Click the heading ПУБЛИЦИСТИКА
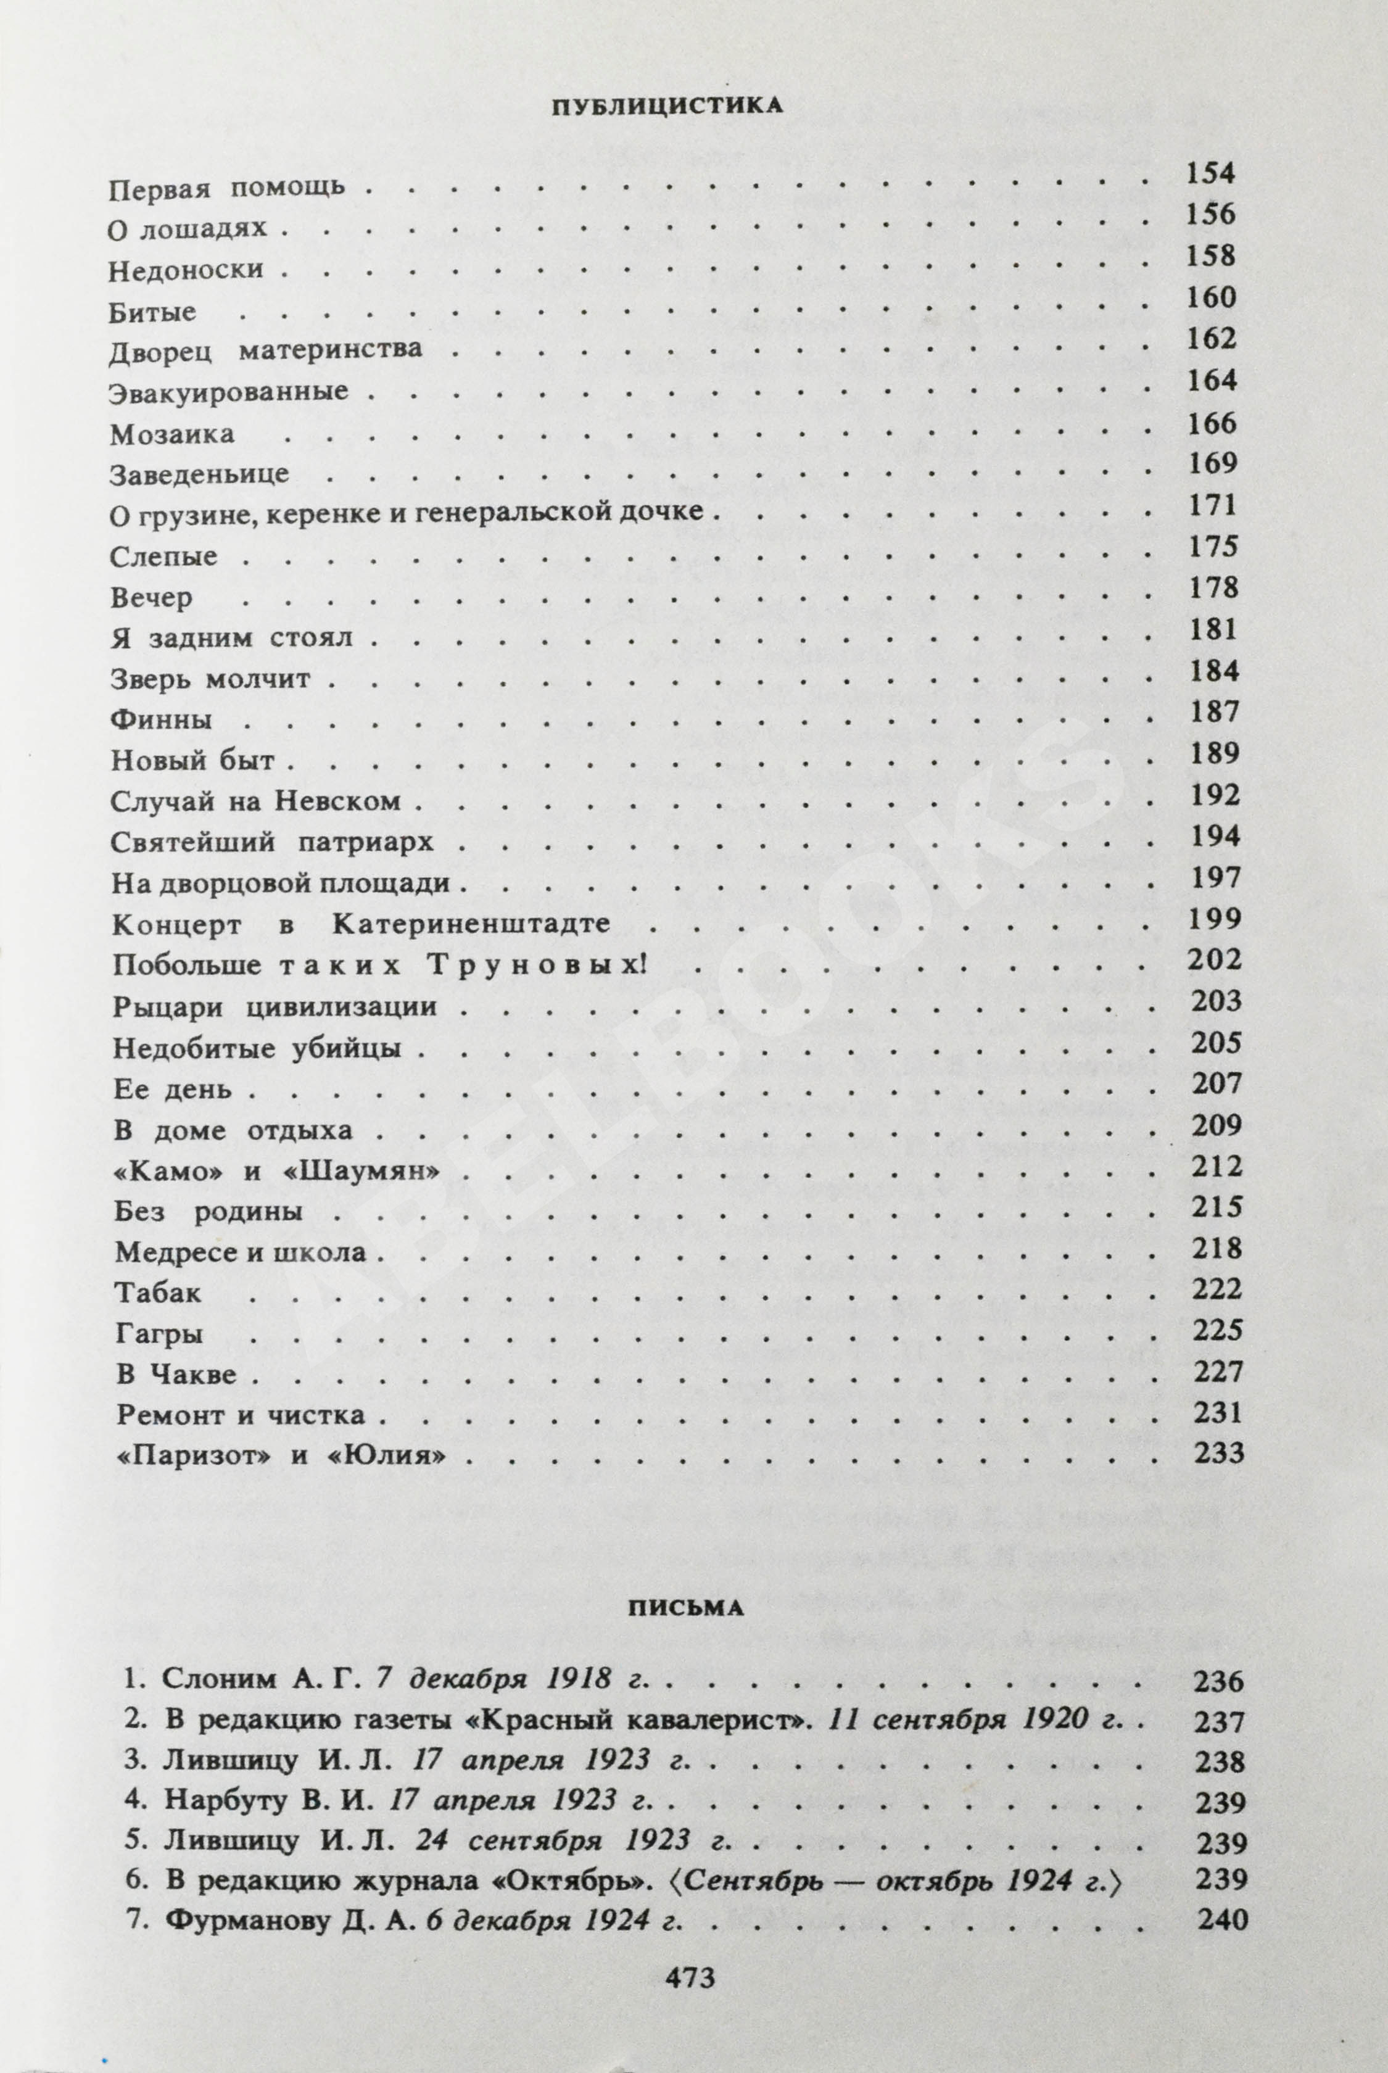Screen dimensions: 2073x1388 [667, 106]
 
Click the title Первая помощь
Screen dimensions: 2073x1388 [226, 189]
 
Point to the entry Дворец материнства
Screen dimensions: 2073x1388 [265, 350]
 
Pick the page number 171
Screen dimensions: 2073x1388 [1212, 505]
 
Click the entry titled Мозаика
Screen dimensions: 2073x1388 [171, 434]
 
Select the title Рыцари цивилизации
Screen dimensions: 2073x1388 [275, 1006]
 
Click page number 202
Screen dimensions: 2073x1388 [1215, 959]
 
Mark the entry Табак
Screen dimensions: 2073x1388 [157, 1293]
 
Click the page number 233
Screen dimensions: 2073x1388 [1219, 1452]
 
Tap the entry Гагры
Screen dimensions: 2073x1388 [159, 1333]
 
